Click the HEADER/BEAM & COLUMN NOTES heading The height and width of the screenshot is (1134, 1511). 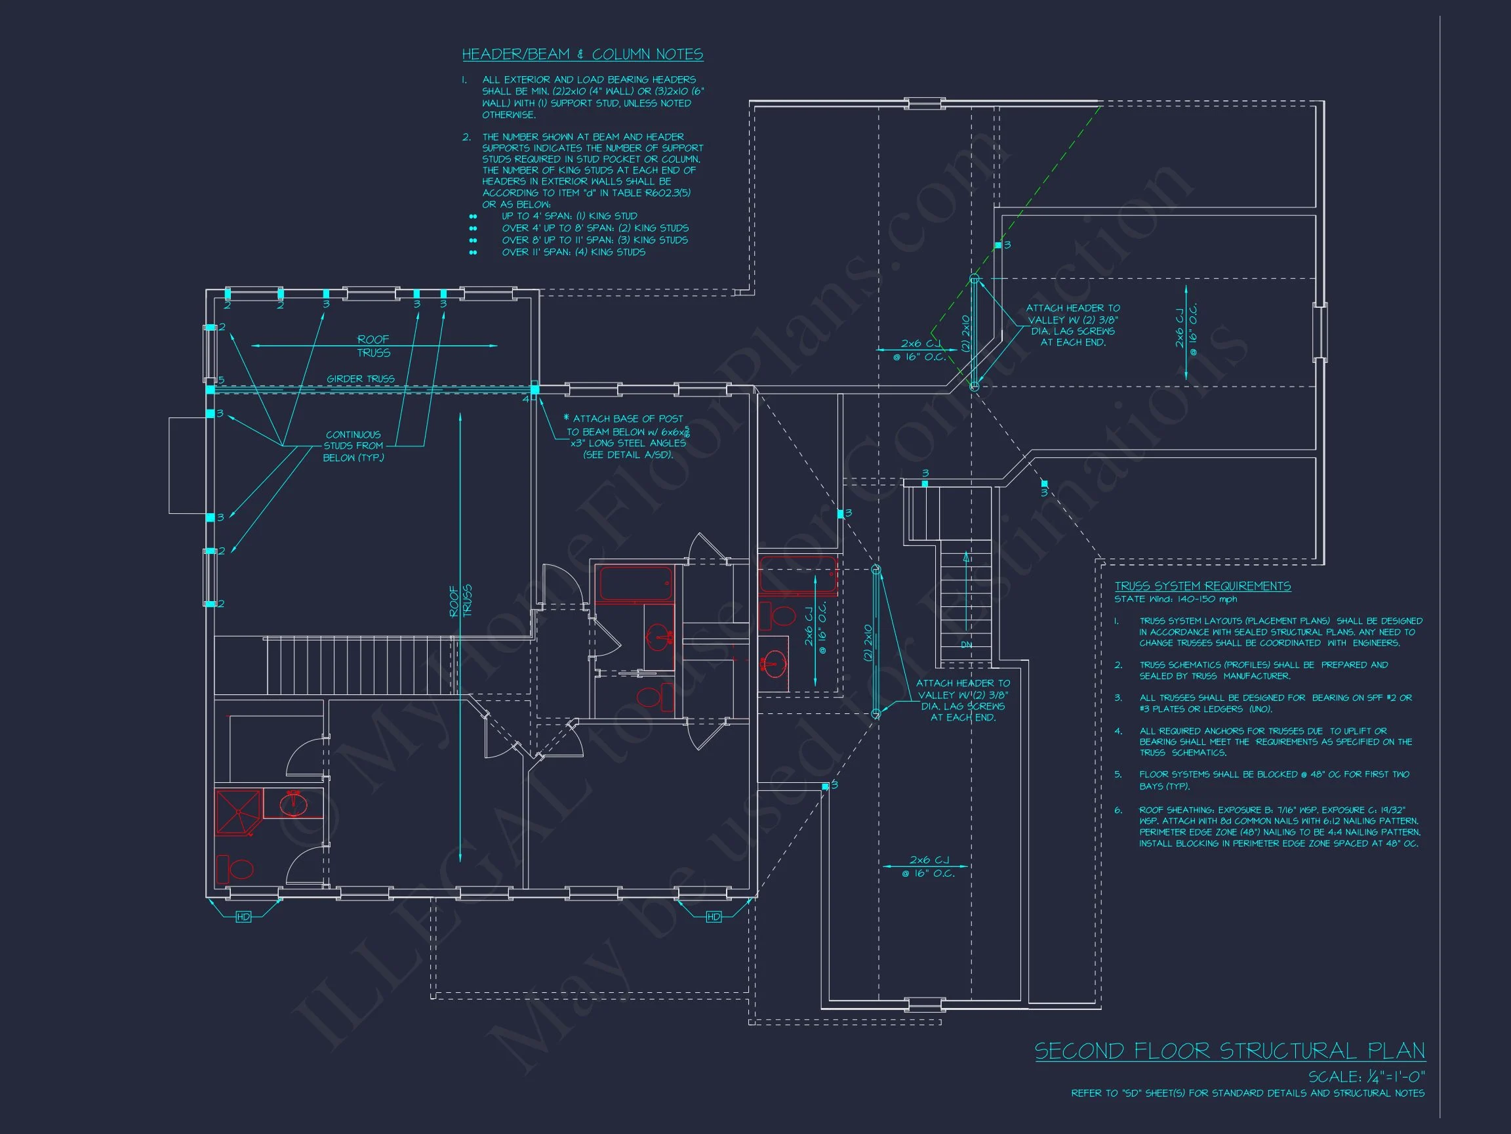click(582, 54)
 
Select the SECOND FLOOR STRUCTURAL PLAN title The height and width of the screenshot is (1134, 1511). click(1230, 1051)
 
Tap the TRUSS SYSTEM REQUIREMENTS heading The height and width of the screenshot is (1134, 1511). click(1202, 586)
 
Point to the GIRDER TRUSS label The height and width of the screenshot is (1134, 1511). click(360, 379)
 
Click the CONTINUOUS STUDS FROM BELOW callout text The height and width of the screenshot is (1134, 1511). click(353, 446)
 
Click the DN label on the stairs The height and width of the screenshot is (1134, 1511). click(966, 644)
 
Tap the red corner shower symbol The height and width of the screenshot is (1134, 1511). click(237, 812)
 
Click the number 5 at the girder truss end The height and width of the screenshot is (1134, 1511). click(221, 380)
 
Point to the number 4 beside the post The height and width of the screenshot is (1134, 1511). click(526, 398)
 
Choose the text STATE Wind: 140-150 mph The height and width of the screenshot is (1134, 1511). click(1176, 599)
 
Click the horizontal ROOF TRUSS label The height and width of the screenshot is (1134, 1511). click(374, 346)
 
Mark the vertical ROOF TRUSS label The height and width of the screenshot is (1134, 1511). click(460, 601)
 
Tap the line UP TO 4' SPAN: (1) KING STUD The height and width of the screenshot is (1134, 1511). click(569, 216)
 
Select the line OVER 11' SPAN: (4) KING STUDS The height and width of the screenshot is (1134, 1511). click(573, 252)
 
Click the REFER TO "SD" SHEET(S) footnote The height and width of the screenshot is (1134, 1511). click(1247, 1094)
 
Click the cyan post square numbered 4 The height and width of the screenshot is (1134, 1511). click(535, 389)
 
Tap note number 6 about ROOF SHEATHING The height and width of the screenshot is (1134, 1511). click(1278, 826)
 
